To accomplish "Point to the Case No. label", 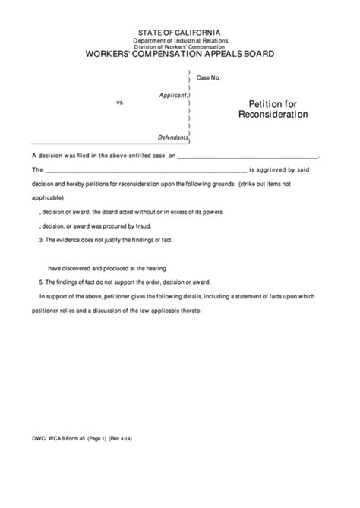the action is (x=208, y=78).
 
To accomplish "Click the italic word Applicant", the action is (x=171, y=95).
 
